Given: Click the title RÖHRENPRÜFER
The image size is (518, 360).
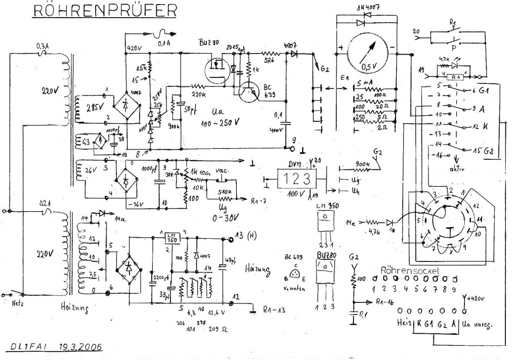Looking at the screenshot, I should (x=105, y=11).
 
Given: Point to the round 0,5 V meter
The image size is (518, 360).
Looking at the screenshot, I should (x=368, y=50).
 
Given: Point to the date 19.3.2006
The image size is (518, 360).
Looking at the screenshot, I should (x=80, y=347).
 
